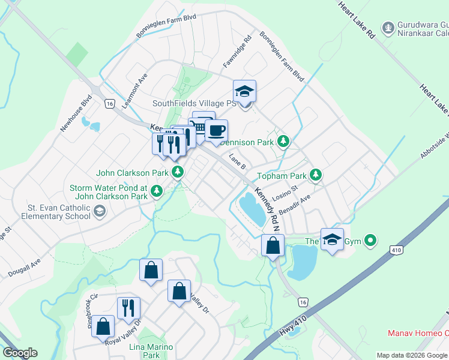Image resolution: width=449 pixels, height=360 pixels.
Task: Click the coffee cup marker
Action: click(216, 130)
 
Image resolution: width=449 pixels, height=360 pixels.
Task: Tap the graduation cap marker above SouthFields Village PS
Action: click(244, 91)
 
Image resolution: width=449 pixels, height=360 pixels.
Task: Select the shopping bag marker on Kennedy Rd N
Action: click(273, 245)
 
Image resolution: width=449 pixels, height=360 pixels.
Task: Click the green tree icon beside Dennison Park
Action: click(284, 142)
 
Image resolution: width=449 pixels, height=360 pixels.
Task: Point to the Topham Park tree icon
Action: click(316, 176)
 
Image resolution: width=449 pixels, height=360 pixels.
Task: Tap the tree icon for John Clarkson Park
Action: click(178, 173)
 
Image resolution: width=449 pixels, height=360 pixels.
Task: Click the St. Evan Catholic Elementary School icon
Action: click(100, 211)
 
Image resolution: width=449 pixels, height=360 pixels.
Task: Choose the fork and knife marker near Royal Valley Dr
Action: click(128, 308)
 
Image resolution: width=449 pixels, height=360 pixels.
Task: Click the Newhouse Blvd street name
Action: click(76, 113)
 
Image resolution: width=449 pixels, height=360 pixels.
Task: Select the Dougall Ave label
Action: click(25, 269)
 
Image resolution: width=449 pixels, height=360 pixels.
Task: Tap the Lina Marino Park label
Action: click(151, 351)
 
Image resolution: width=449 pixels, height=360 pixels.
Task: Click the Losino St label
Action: click(285, 197)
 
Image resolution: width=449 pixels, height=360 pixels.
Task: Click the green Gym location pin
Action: click(370, 241)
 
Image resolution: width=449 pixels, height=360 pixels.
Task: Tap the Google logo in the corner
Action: click(20, 353)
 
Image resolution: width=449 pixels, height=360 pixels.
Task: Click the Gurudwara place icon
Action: click(388, 26)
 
